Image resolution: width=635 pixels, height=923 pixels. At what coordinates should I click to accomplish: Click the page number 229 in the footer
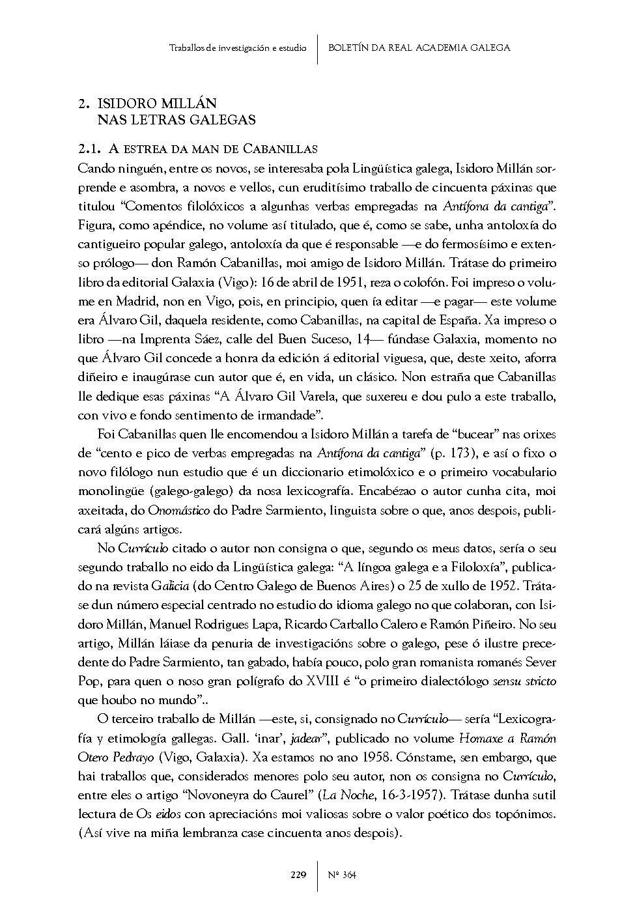[x=298, y=875]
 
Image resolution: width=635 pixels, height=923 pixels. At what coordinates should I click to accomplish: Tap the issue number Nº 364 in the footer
[x=342, y=875]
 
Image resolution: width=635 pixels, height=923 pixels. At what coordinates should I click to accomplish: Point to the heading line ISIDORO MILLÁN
[x=156, y=104]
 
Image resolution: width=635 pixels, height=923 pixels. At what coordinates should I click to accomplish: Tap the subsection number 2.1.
[x=89, y=149]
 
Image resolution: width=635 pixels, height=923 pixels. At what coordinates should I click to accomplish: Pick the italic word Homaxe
[x=483, y=738]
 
